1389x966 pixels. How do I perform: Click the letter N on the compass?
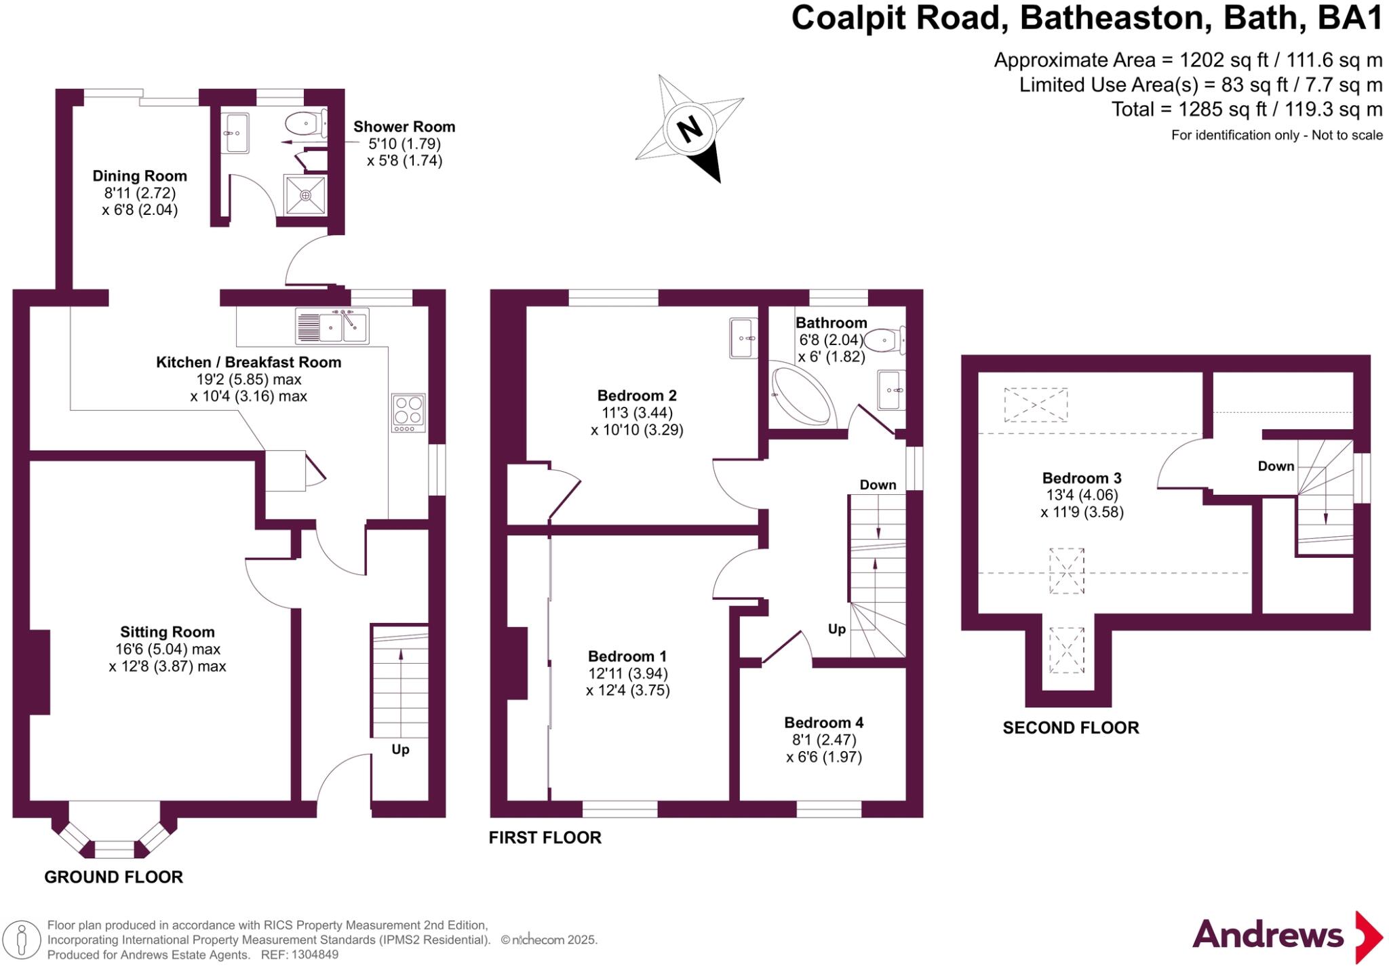click(x=690, y=128)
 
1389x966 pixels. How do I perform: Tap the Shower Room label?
click(x=404, y=127)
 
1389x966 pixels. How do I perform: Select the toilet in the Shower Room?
click(x=303, y=124)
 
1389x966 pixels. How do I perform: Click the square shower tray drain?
click(x=305, y=195)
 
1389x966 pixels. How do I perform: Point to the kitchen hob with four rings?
click(x=408, y=412)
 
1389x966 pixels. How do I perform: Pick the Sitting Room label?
click(x=167, y=632)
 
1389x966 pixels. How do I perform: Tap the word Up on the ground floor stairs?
click(x=400, y=749)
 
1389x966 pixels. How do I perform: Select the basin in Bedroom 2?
click(x=743, y=338)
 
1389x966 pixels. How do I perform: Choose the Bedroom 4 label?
click(x=823, y=723)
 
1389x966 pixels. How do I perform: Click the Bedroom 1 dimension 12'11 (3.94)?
click(x=627, y=673)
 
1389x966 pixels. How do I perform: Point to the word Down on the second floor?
click(x=1276, y=466)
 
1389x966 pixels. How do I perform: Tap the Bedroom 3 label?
click(x=1082, y=478)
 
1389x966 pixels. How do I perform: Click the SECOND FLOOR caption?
click(x=1070, y=728)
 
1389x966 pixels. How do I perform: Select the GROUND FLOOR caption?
click(x=113, y=877)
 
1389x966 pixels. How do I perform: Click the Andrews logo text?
click(x=1268, y=935)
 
